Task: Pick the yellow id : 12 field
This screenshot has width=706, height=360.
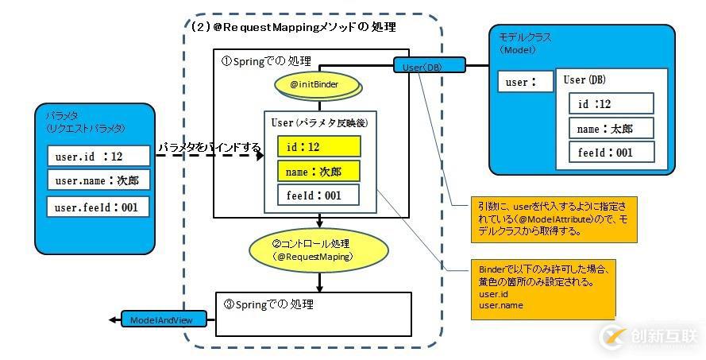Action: pyautogui.click(x=318, y=146)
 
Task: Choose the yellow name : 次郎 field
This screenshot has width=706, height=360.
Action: pyautogui.click(x=318, y=171)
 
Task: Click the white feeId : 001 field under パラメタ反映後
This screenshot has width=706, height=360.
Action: pyautogui.click(x=318, y=195)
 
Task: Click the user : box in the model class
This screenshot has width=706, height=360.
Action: pyautogui.click(x=526, y=82)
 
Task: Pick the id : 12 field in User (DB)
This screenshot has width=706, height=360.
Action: pyautogui.click(x=611, y=103)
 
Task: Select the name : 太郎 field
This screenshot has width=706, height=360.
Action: pyautogui.click(x=611, y=128)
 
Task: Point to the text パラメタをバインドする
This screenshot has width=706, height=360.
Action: pyautogui.click(x=209, y=148)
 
